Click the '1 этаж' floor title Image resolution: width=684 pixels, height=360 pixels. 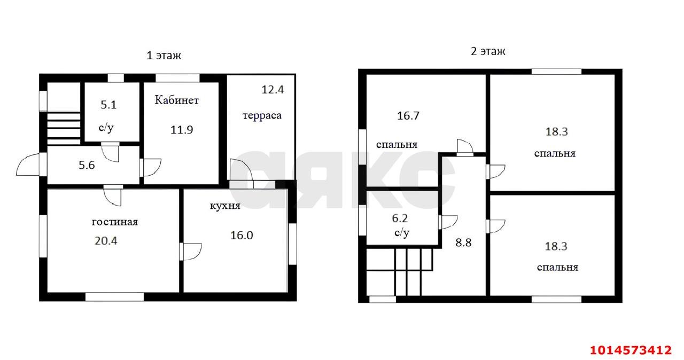coord(164,55)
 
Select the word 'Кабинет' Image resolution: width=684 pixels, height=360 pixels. coord(177,100)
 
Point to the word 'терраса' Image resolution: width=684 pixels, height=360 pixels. coord(262,115)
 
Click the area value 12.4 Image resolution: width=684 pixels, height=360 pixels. coord(273,90)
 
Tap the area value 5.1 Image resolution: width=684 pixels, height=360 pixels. coord(109,105)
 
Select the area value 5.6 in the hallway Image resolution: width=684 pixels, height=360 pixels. coord(87,165)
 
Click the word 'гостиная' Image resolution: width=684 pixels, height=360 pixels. coord(115,222)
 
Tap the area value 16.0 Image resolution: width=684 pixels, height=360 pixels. coord(242,235)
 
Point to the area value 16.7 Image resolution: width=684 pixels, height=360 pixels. coord(408,115)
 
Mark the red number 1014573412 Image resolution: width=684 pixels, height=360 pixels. coord(630,350)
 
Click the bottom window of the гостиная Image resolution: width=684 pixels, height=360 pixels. coord(114,296)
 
